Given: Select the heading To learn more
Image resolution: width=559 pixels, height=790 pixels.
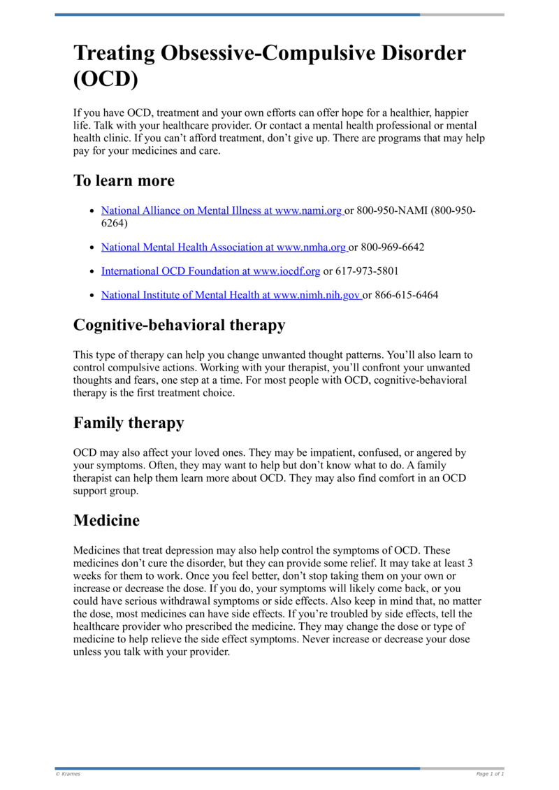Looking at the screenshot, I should (124, 180).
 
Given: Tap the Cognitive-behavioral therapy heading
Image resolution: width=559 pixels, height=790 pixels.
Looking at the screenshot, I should (179, 325).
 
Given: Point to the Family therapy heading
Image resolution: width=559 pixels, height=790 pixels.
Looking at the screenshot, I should (129, 423).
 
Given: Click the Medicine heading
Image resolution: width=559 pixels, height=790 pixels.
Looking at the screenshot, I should (106, 521).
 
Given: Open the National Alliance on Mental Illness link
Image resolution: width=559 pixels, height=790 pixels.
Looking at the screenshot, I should (222, 210).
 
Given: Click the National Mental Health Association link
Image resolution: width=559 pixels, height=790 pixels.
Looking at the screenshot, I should (224, 247).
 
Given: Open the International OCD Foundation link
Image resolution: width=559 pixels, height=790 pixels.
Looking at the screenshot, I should (210, 271).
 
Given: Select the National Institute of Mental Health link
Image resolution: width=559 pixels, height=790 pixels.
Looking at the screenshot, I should (231, 295).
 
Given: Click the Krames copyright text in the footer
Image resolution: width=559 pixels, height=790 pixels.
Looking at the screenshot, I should (68, 774).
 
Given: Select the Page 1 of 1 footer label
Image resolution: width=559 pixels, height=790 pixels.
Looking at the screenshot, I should (490, 774).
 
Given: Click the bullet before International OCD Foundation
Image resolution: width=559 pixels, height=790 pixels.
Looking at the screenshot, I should (93, 271).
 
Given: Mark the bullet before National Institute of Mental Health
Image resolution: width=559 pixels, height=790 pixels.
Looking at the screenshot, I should (93, 295).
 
